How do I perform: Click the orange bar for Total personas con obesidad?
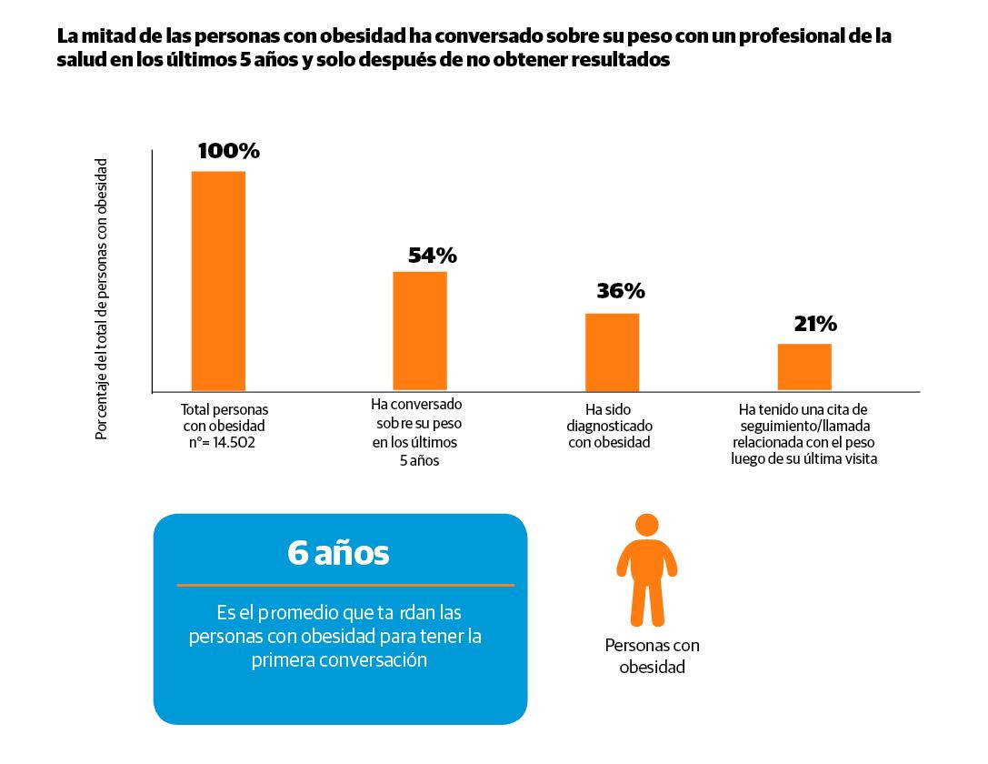[218, 281]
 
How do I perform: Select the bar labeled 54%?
[420, 331]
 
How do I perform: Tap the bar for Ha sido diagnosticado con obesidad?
[612, 352]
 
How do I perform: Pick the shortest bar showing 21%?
[804, 367]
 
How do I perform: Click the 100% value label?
[228, 152]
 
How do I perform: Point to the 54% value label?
[432, 256]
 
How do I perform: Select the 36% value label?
[621, 291]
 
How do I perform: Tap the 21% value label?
[815, 324]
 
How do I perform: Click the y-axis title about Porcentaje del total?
[102, 299]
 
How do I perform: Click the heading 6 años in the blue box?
[338, 553]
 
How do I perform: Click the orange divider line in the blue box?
[345, 585]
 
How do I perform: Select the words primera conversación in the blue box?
[339, 660]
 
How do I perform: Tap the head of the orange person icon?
[646, 525]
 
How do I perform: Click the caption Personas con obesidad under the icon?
[652, 656]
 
